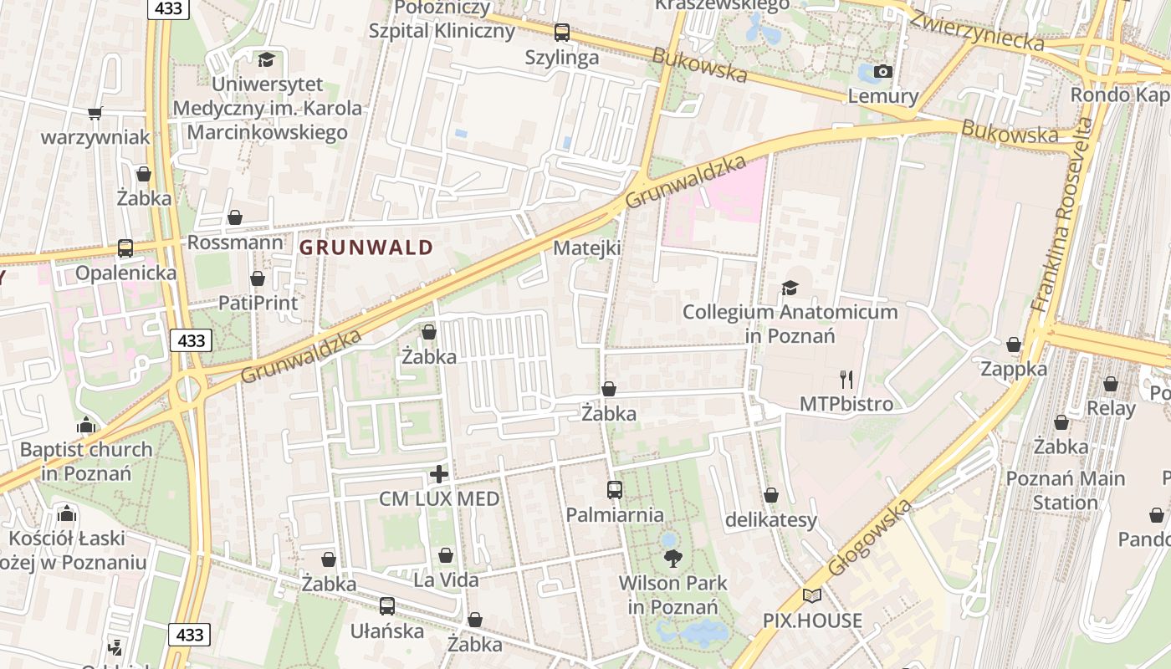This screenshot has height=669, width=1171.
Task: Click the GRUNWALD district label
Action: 366,248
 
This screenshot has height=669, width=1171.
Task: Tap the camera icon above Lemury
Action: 882,72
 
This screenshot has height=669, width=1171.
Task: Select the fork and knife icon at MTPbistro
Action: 846,380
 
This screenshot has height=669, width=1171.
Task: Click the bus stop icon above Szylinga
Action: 562,33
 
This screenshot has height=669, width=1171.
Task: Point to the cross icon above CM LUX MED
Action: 439,475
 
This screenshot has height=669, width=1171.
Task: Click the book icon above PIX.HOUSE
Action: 812,596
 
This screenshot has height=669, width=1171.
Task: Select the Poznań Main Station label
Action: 1065,491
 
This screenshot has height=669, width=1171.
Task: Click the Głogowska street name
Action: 869,538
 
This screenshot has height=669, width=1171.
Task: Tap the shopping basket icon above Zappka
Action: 1014,345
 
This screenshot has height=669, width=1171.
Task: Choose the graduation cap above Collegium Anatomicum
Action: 790,289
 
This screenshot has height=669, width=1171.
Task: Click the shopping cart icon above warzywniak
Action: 95,113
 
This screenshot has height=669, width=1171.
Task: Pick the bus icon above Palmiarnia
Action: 615,490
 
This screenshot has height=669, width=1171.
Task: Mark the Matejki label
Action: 587,248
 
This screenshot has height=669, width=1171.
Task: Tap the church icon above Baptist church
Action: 86,426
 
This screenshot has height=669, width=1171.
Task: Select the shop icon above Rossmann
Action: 235,218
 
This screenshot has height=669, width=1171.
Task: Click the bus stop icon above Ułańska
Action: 386,606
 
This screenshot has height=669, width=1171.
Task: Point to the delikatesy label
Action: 770,520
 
